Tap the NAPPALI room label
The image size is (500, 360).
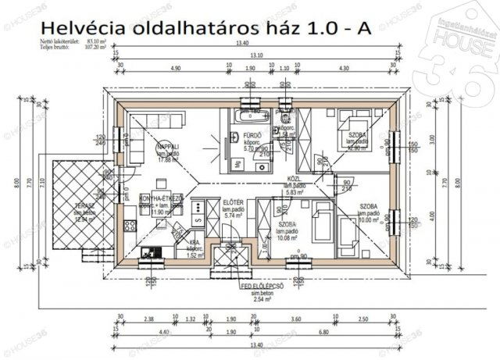[168, 147]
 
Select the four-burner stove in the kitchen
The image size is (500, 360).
[130, 226]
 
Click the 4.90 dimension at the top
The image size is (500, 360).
[174, 68]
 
